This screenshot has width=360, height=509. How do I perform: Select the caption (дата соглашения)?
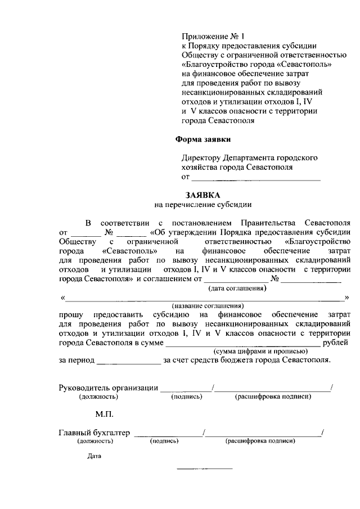coord(237,288)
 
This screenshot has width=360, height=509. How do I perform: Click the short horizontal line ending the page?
coord(205,469)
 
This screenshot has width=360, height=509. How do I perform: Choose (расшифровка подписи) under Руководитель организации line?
coord(273,397)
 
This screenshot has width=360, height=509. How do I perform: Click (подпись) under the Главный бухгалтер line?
coord(164,442)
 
